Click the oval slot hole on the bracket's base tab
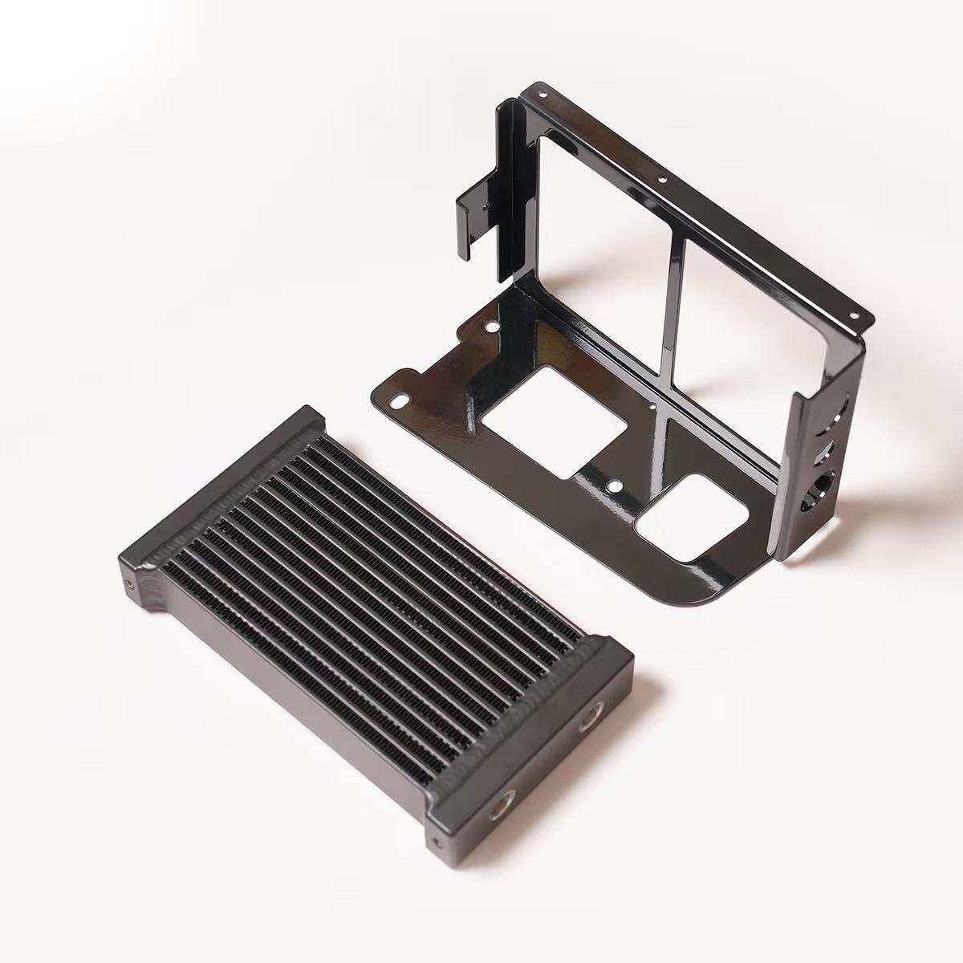click(397, 399)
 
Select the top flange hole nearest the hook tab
click(544, 94)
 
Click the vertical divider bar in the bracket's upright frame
click(672, 313)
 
